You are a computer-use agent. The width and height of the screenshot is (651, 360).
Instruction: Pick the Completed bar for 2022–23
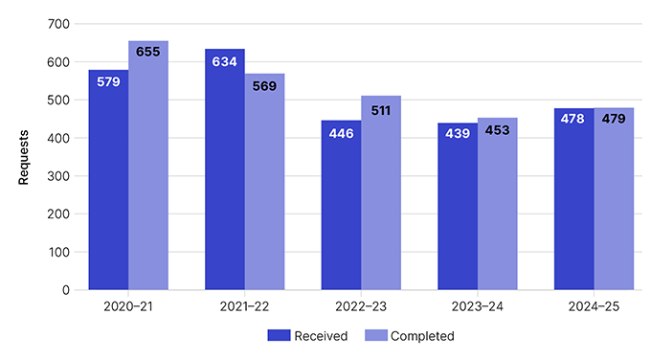coord(381,201)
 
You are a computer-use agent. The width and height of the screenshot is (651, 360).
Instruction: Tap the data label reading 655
coord(148,53)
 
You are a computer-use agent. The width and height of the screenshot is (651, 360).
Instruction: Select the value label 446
coord(341,133)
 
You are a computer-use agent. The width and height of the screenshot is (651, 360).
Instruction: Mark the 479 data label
coord(614,120)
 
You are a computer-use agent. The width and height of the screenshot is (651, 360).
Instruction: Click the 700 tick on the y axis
coord(59,24)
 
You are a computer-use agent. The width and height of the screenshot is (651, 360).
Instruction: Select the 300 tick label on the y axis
coord(59,176)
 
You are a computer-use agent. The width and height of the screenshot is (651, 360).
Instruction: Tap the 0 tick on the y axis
coord(66,289)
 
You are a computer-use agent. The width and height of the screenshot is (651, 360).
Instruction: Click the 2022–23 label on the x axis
coord(361,308)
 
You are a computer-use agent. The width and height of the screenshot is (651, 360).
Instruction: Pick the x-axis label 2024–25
coord(594,308)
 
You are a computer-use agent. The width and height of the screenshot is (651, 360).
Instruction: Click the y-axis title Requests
coord(23,157)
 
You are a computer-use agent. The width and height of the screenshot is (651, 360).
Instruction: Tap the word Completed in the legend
coord(422,336)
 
